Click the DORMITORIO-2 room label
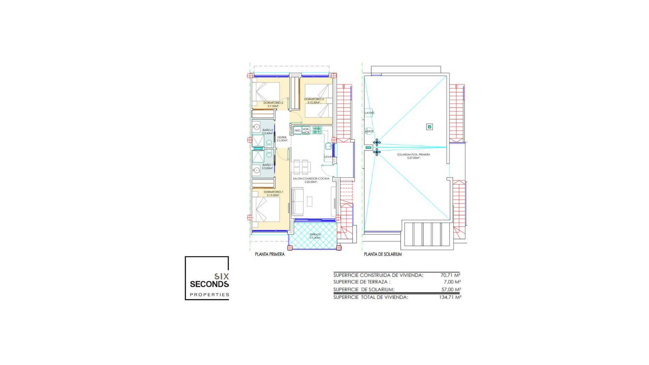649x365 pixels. (x=273, y=102)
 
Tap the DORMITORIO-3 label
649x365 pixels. (x=314, y=99)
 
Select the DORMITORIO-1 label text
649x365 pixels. (x=273, y=192)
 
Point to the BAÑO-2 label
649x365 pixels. (x=267, y=130)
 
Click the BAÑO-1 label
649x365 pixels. (x=267, y=165)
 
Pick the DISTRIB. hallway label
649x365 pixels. (x=282, y=138)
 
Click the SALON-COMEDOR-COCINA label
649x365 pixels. (x=311, y=178)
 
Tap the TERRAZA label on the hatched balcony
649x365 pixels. (x=315, y=234)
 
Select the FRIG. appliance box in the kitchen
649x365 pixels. (x=297, y=130)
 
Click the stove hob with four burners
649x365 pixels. (x=317, y=130)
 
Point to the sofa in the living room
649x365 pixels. (x=297, y=202)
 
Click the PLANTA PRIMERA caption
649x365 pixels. (x=269, y=254)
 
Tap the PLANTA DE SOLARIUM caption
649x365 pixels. (x=383, y=254)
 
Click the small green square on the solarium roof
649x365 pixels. (x=429, y=127)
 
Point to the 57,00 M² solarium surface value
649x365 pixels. (x=451, y=290)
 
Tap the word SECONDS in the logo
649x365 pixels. (x=209, y=284)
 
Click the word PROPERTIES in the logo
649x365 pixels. (x=209, y=295)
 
